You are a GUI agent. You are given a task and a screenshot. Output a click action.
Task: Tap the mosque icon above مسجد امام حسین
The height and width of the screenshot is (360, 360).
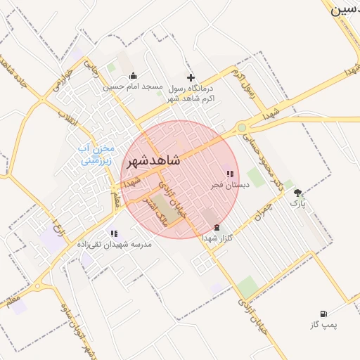coord(133,77)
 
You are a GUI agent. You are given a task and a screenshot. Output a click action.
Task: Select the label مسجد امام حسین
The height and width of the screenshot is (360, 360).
coord(134,87)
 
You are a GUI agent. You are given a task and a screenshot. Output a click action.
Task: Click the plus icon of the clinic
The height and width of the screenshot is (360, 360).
coord(190,77)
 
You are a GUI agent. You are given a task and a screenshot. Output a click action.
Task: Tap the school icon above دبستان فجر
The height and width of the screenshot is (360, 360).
coord(229,174)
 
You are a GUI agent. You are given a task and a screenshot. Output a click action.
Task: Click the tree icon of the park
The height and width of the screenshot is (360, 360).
coord(298,192)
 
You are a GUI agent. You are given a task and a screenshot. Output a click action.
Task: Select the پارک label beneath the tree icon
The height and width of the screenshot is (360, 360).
coord(298,202)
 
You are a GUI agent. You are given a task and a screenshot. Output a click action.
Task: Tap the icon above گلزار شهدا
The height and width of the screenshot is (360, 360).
coord(216,227)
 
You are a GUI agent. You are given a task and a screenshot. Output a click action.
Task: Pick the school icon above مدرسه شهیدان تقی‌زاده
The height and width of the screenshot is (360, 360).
coord(114,233)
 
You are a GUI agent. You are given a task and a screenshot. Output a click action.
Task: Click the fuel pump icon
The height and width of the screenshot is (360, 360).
coord(323,314)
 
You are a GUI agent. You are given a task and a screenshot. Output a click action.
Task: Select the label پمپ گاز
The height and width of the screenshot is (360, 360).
coord(324,325)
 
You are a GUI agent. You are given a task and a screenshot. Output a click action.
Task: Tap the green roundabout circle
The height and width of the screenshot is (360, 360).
coord(243,127)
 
